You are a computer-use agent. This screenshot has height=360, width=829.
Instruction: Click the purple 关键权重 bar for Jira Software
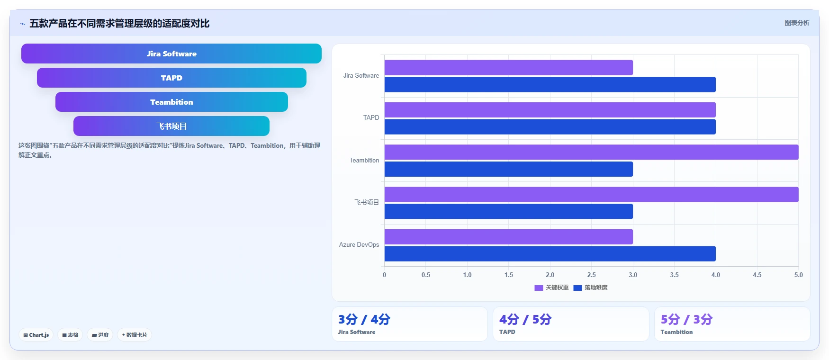508,67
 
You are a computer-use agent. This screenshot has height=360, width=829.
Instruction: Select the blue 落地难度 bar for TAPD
550,127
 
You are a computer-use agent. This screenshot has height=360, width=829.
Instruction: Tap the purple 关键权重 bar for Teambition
591,152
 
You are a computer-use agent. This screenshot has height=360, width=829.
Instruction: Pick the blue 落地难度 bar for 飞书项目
508,211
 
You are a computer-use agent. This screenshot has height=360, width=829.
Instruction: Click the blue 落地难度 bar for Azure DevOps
550,253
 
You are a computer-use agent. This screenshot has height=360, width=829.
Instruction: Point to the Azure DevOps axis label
359,245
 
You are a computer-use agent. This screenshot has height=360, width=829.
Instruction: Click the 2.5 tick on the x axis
591,275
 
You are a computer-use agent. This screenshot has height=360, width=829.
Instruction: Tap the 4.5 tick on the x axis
757,275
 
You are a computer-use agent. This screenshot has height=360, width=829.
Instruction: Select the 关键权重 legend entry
551,288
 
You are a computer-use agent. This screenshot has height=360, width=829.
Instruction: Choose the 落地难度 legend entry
590,288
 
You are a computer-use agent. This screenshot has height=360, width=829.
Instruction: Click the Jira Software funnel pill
171,54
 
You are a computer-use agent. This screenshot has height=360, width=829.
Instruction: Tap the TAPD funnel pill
171,78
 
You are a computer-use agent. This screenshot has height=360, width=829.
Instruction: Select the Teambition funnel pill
171,102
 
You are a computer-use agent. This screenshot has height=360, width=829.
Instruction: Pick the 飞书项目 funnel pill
171,126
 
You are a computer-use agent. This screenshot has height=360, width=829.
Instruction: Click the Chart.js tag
36,335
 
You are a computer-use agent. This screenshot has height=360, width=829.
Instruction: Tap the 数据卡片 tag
135,335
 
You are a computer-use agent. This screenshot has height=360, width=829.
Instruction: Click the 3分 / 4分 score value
364,319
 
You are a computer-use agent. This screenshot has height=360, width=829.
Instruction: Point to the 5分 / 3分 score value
687,319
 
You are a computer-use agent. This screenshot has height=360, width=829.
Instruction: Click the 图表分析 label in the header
797,23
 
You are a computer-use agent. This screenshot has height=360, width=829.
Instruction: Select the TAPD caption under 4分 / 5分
507,332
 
